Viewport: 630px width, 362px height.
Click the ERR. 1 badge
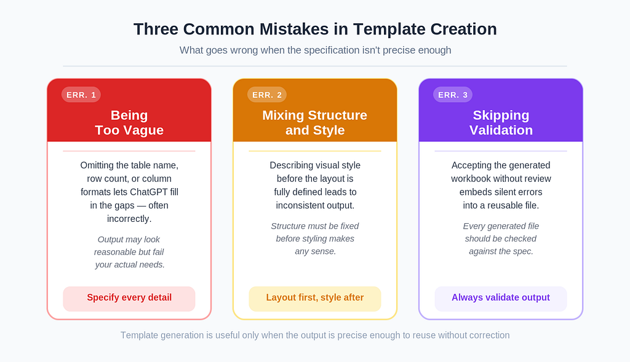[x=81, y=95]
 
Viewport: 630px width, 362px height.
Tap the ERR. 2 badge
[x=267, y=95]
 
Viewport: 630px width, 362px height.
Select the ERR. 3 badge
[x=453, y=95]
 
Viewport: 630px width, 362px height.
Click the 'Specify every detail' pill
[x=129, y=299]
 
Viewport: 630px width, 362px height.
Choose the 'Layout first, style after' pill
[x=315, y=299]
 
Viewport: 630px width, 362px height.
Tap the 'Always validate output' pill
[x=501, y=299]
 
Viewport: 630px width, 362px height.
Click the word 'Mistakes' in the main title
[x=294, y=29]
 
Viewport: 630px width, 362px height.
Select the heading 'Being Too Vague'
[x=129, y=122]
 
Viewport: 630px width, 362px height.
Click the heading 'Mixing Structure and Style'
[x=315, y=122]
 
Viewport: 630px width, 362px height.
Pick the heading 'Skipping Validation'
[x=501, y=122]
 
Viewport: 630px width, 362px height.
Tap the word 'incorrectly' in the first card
[x=129, y=219]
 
